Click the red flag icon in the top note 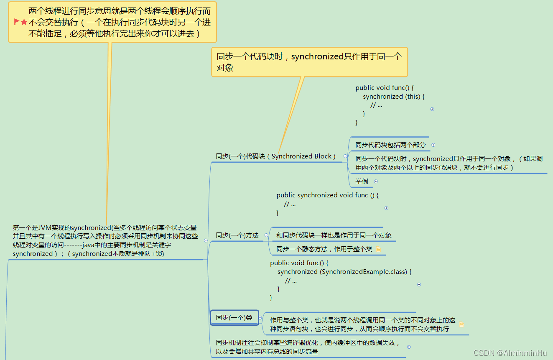pyautogui.click(x=17, y=22)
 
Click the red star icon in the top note pyautogui.click(x=24, y=22)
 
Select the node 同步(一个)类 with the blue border pyautogui.click(x=234, y=318)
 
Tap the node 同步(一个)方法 pyautogui.click(x=237, y=235)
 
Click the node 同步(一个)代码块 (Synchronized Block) pyautogui.click(x=275, y=156)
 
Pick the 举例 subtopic pyautogui.click(x=362, y=181)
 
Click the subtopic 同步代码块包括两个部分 pyautogui.click(x=390, y=145)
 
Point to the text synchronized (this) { pyautogui.click(x=393, y=97)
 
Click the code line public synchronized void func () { pyautogui.click(x=327, y=195)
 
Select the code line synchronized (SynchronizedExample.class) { pyautogui.click(x=344, y=272)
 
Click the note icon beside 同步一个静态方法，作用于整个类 pyautogui.click(x=378, y=249)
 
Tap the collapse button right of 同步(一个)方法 pyautogui.click(x=266, y=235)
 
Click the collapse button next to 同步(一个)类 pyautogui.click(x=260, y=318)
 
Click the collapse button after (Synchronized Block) pyautogui.click(x=345, y=156)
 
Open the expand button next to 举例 pyautogui.click(x=376, y=181)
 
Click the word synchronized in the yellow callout pyautogui.click(x=317, y=56)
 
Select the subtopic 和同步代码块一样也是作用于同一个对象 pyautogui.click(x=334, y=235)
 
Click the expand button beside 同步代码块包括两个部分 pyautogui.click(x=433, y=145)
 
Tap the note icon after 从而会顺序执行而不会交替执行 pyautogui.click(x=461, y=324)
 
